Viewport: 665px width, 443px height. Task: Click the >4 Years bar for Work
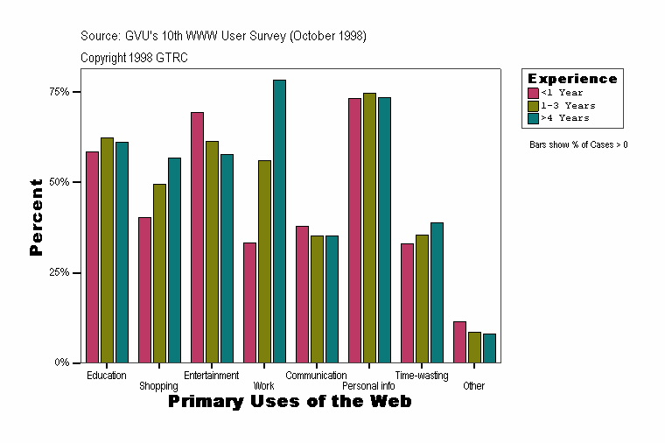(x=279, y=221)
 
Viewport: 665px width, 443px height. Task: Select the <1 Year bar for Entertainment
(x=197, y=237)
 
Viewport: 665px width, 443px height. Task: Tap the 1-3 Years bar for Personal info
(x=369, y=228)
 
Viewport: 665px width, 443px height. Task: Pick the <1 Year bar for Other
(x=459, y=341)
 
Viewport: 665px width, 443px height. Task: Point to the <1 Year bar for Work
(x=249, y=302)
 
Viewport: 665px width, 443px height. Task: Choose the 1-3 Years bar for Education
(x=107, y=250)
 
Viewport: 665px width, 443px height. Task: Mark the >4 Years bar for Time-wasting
(x=437, y=292)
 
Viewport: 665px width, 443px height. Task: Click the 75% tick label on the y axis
(x=58, y=92)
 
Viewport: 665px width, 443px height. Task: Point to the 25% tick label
(x=58, y=272)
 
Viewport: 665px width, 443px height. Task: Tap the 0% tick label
(x=61, y=362)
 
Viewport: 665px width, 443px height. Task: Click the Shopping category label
(x=158, y=386)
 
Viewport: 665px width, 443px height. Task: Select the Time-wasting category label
(x=421, y=376)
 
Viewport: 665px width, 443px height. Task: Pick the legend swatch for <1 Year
(x=533, y=93)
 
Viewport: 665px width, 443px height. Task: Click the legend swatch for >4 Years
(x=533, y=117)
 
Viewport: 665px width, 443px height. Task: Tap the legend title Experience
(x=571, y=79)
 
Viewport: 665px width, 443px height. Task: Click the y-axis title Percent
(x=36, y=217)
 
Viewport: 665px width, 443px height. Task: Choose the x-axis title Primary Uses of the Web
(x=290, y=402)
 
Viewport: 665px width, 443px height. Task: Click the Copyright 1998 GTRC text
(x=134, y=58)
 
